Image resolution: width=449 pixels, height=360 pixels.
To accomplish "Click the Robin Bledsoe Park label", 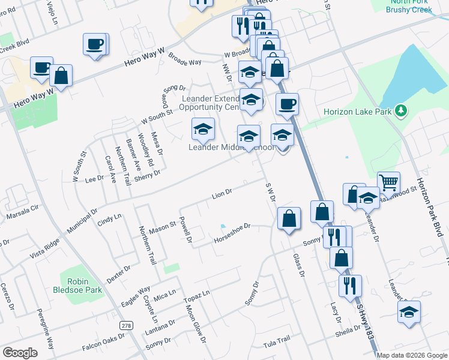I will pos(83,286).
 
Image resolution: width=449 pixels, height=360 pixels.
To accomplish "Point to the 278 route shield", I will pos(125,325).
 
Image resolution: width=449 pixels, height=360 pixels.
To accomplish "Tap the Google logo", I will pos(20,353).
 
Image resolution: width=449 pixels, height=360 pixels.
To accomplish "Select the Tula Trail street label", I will pos(276,340).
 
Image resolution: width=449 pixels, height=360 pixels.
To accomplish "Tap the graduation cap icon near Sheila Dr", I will pos(409,312).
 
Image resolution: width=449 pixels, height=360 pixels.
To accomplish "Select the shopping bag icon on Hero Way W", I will pos(61,76).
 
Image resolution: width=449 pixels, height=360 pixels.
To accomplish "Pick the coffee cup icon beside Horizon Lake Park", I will pos(287,104).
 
